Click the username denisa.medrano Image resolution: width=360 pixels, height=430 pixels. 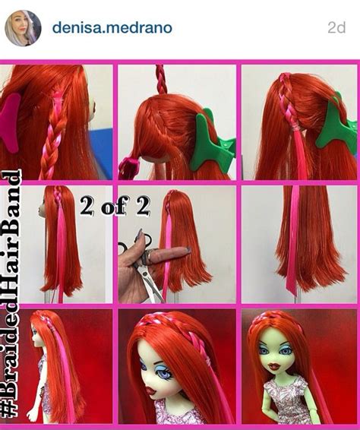click(x=112, y=27)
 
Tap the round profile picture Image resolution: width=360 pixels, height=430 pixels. click(x=24, y=28)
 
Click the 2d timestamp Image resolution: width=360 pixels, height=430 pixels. click(x=336, y=27)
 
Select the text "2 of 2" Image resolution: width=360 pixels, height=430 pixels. click(x=115, y=206)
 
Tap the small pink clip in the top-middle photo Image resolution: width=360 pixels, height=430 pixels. click(x=129, y=166)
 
